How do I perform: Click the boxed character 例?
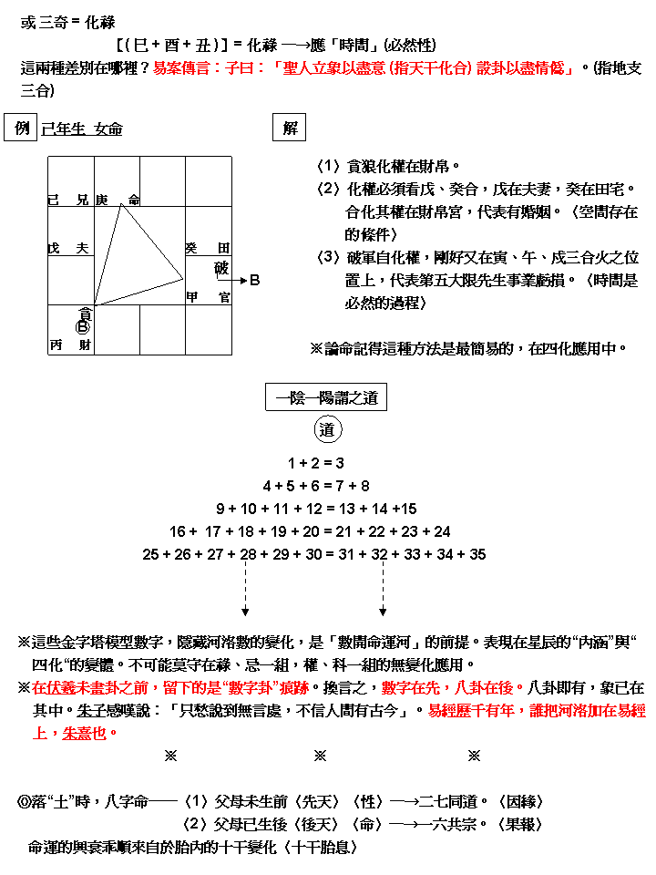[22, 129]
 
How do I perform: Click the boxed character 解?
[290, 129]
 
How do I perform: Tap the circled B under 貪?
[83, 326]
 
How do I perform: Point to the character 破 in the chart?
[221, 268]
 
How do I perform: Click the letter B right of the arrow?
[255, 281]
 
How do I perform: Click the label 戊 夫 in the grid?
[68, 248]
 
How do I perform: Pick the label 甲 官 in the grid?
[208, 297]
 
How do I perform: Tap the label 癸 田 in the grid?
[208, 248]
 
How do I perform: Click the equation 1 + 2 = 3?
[315, 463]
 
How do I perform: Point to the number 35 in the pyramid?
[477, 554]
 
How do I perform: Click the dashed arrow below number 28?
[246, 588]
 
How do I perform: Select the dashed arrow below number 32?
[382, 588]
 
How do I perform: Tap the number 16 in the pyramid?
[178, 531]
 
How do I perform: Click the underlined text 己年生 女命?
[82, 129]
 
